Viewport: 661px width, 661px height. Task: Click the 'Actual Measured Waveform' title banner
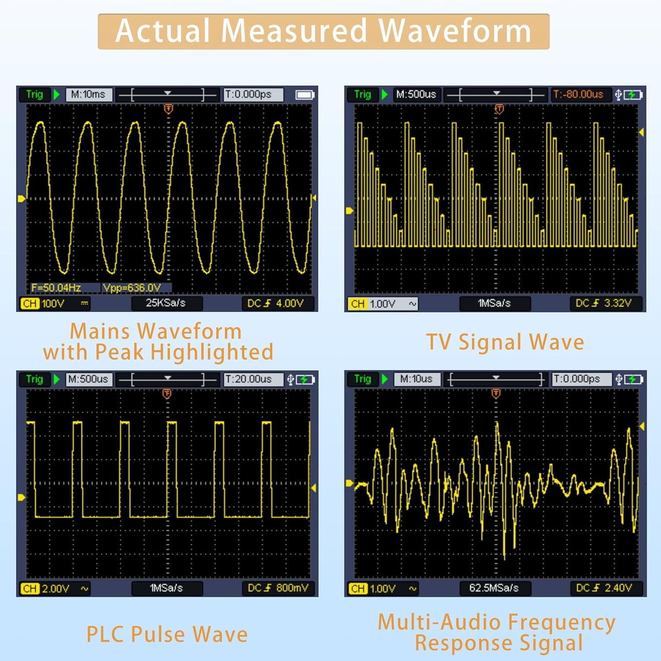[x=323, y=31]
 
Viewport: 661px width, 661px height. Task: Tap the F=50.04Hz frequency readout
[x=56, y=288]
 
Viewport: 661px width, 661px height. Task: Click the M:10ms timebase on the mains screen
[x=88, y=94]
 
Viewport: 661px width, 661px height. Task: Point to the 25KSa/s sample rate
[x=166, y=303]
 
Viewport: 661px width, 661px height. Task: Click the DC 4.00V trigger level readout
[x=276, y=303]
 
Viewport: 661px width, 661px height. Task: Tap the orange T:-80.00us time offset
[x=578, y=94]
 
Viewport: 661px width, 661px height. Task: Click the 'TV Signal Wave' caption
[x=505, y=342]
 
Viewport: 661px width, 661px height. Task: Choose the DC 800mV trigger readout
[x=278, y=588]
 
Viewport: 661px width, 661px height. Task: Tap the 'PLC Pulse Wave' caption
[x=167, y=634]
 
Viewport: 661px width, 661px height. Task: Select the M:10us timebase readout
[x=416, y=379]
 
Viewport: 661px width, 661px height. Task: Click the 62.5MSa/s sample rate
[x=494, y=588]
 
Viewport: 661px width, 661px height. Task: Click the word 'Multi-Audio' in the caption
[x=439, y=622]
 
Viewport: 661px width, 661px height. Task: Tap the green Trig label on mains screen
[x=34, y=94]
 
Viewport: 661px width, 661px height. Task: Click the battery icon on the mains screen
[x=305, y=95]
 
